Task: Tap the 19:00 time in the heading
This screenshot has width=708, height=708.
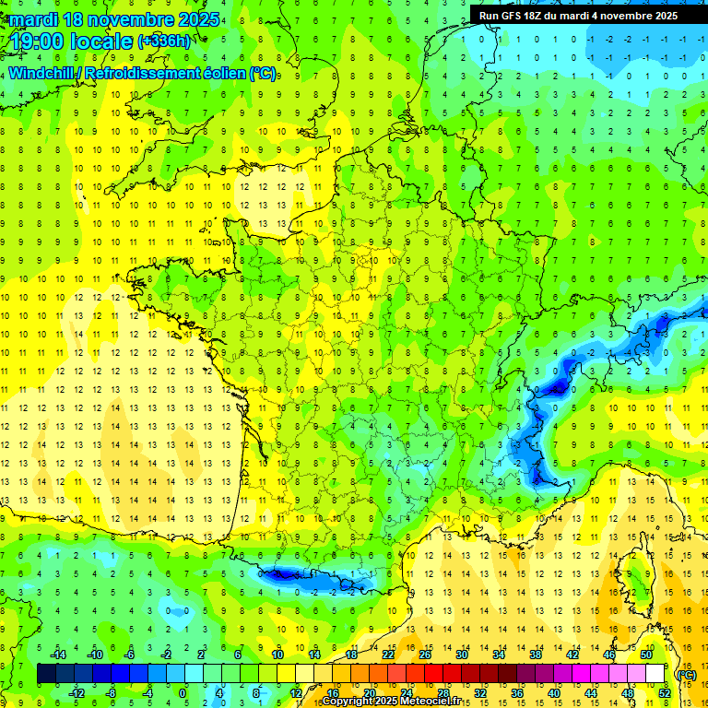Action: click(x=38, y=41)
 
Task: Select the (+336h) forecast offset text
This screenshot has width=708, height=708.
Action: click(x=164, y=41)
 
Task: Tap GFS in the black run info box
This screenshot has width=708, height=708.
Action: click(x=515, y=16)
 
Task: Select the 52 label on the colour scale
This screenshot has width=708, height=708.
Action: click(x=664, y=692)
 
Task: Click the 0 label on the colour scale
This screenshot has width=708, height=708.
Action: click(x=183, y=692)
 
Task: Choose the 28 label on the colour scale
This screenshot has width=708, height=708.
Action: click(x=442, y=692)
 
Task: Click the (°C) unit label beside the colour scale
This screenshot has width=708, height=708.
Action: click(x=686, y=674)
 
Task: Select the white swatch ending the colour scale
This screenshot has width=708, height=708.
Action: click(x=655, y=674)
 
